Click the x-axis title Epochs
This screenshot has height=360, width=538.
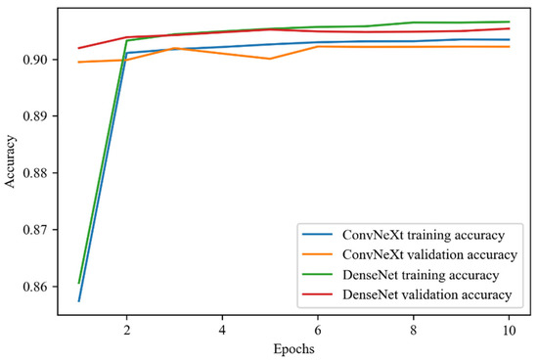293,346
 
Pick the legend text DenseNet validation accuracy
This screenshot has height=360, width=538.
426,293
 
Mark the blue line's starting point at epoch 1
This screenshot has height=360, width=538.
78,300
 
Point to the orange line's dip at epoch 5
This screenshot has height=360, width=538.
270,59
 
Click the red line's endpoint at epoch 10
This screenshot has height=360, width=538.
510,28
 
